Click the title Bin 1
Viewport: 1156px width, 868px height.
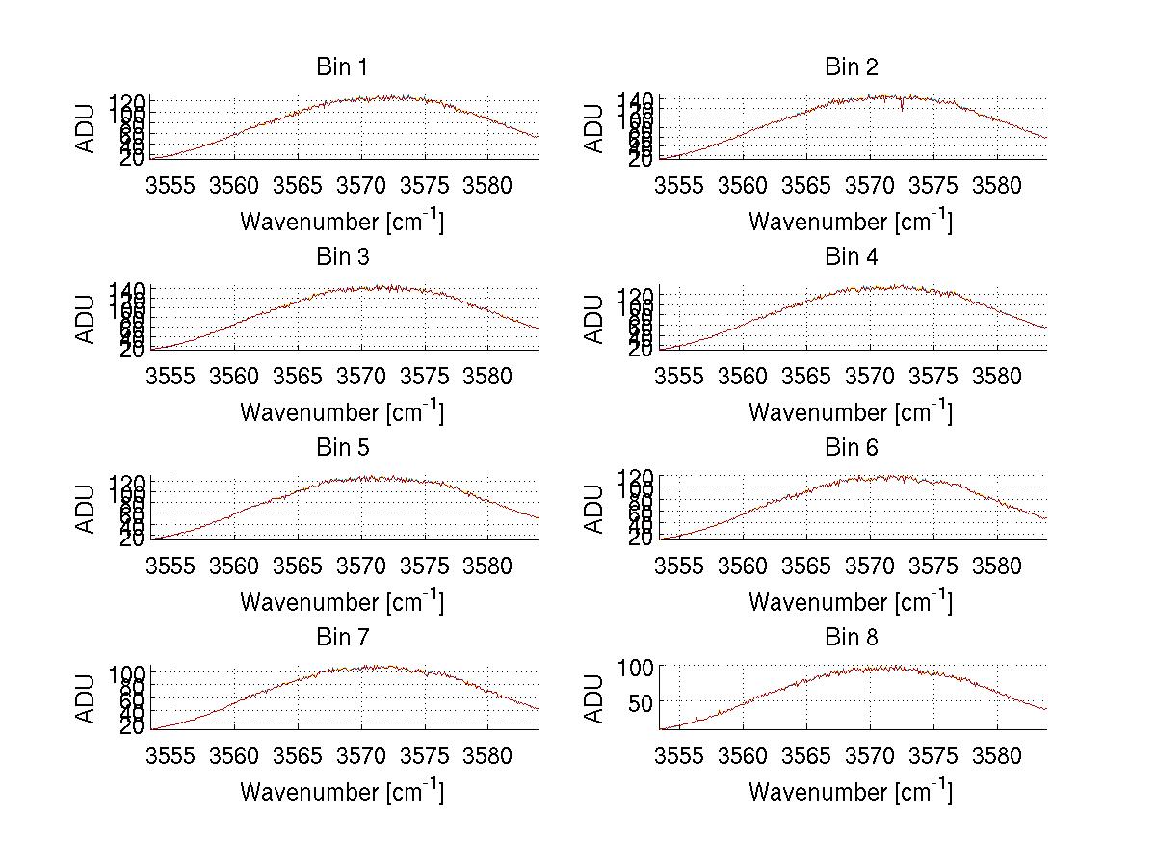[341, 67]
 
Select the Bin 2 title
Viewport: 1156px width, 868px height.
[851, 67]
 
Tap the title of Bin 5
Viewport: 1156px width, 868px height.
[341, 448]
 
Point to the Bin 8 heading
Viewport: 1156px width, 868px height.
[851, 638]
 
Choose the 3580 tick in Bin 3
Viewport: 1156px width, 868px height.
[487, 376]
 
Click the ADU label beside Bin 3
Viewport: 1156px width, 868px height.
[86, 319]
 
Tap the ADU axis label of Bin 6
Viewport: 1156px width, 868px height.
[594, 509]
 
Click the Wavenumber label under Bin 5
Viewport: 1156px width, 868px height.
[342, 602]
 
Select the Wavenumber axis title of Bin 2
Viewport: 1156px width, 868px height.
[851, 222]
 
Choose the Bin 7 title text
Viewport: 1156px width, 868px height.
[341, 638]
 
